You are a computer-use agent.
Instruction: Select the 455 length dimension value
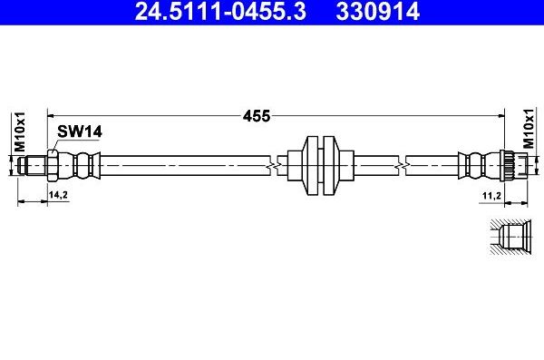pos(257,116)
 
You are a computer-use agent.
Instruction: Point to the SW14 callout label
pos(79,131)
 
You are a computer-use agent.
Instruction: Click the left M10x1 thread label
pos(19,131)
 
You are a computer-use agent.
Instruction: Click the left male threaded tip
pos(34,165)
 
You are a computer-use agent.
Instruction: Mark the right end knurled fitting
pos(509,165)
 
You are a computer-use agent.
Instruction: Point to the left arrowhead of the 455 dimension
pos(53,116)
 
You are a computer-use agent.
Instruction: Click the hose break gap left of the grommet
pos(271,165)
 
